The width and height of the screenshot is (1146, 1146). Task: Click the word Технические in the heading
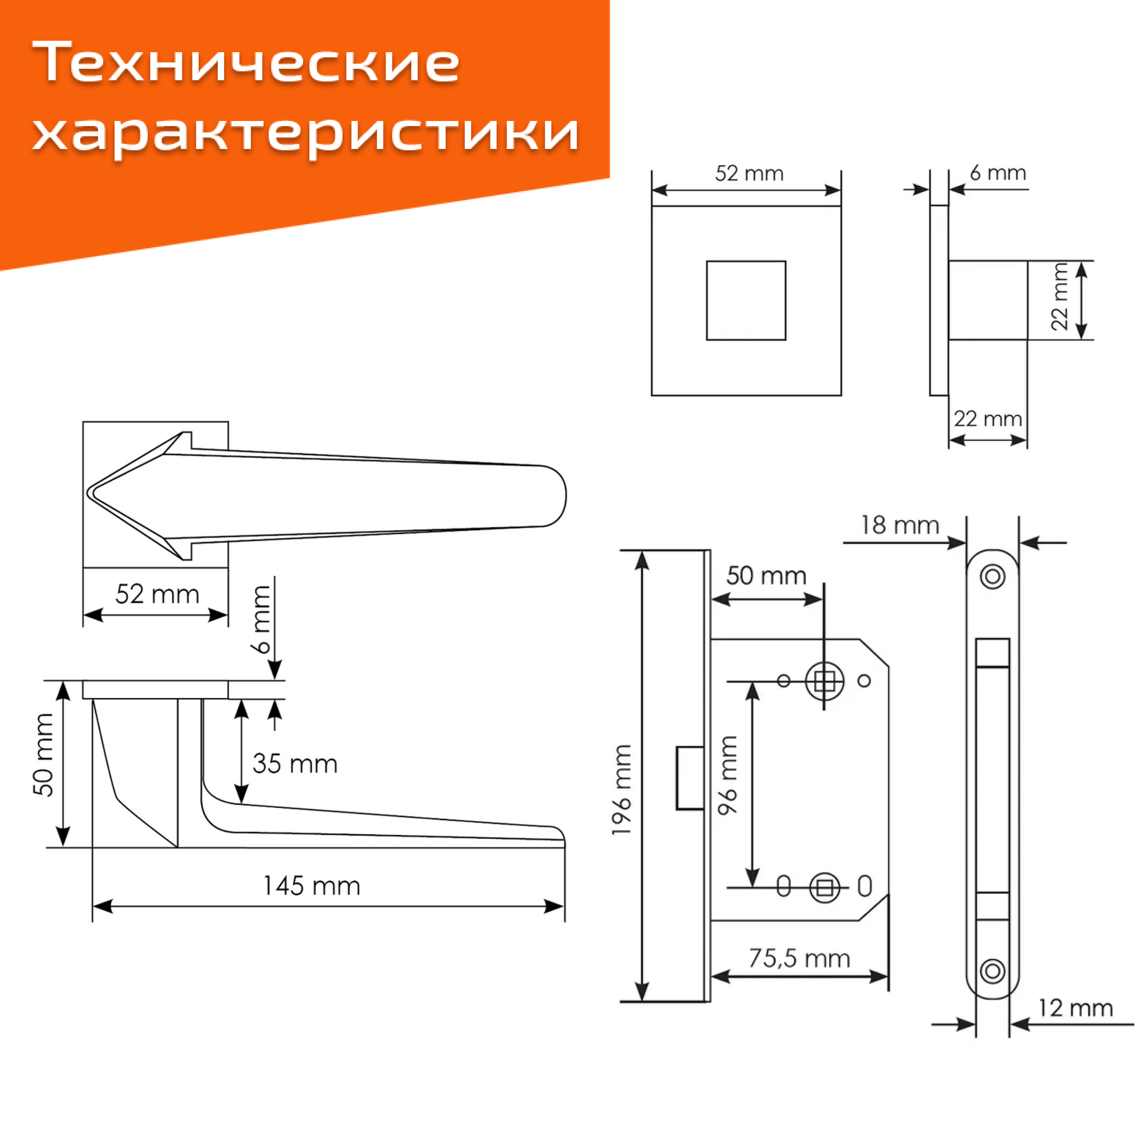pos(246,62)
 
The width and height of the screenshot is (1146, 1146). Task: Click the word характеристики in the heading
pos(306,132)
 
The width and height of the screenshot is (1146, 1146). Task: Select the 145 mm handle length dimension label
pos(311,886)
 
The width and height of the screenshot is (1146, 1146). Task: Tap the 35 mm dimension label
pos(295,763)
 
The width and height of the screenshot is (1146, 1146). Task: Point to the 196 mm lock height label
pos(621,790)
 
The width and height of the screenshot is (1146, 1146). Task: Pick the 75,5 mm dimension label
pos(799,958)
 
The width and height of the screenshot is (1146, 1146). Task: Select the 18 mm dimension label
pos(900,525)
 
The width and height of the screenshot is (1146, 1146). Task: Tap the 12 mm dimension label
pos(1075,1008)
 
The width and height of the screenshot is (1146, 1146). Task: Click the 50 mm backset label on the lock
pos(766,575)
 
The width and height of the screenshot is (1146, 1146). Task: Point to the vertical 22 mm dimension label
pos(1059,297)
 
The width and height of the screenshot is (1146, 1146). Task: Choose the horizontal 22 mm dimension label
pos(988,419)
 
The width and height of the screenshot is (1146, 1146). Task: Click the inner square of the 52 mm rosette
pos(745,300)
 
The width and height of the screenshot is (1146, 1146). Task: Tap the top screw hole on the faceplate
pos(992,576)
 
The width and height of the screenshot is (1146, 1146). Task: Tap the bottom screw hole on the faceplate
pos(992,971)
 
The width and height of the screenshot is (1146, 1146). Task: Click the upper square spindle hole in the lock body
pos(825,681)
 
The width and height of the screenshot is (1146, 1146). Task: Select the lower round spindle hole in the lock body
pos(825,888)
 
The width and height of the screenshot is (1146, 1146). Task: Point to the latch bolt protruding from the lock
pos(690,778)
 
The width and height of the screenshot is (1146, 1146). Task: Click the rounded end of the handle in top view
pos(555,496)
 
